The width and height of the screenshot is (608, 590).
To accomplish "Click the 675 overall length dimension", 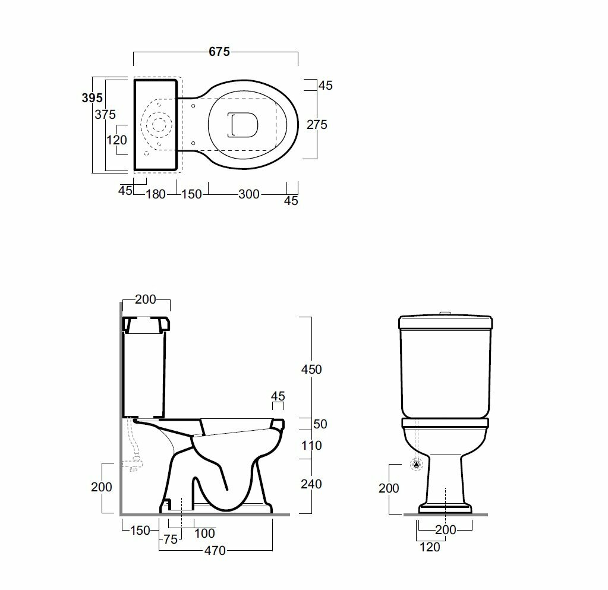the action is click(x=219, y=52).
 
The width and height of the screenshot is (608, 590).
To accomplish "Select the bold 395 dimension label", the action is click(x=92, y=98).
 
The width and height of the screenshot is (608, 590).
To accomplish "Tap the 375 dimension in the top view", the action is click(x=105, y=114).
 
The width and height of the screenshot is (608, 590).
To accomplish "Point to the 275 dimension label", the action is click(x=317, y=124).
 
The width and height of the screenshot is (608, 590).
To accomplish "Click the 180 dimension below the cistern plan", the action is click(x=156, y=194).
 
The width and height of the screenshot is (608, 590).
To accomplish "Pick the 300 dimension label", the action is click(x=248, y=194).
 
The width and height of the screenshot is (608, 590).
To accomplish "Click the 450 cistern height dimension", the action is click(x=311, y=370).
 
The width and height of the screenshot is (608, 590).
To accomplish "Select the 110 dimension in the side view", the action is click(x=311, y=446).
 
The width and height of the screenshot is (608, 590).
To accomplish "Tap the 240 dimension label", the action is click(x=311, y=484).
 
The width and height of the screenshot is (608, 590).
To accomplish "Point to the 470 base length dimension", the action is click(x=215, y=550).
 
